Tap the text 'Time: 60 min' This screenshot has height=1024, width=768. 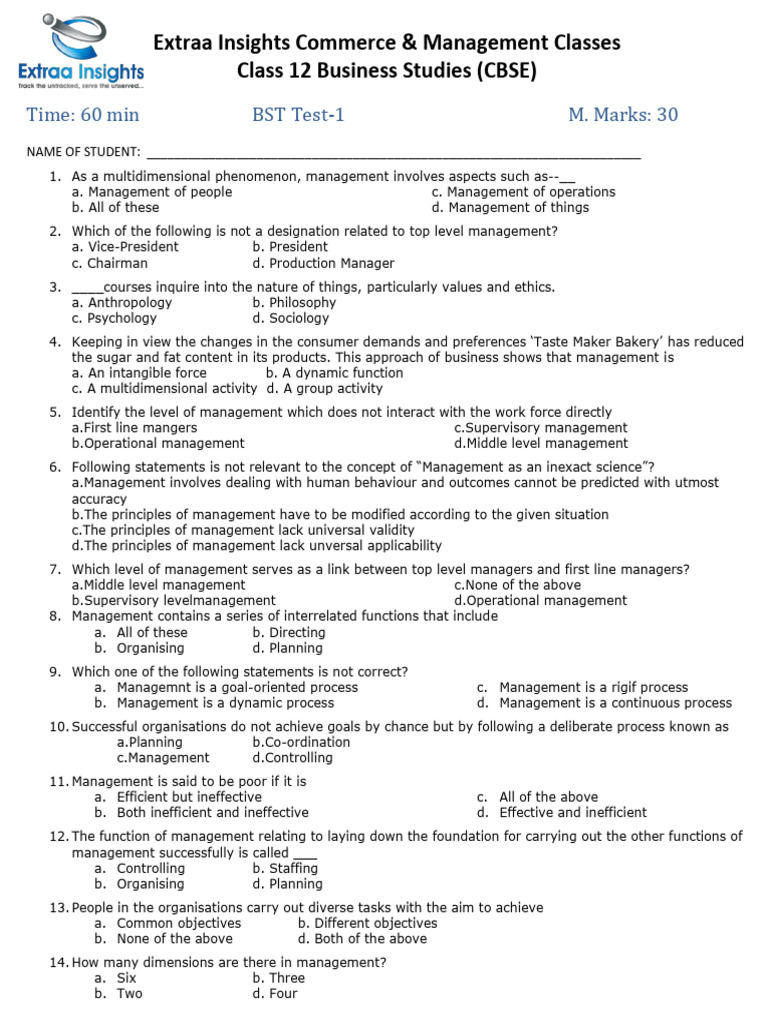83,115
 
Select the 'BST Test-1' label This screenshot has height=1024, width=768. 298,115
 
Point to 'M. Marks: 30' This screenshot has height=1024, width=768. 622,115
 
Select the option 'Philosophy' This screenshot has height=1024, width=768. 294,302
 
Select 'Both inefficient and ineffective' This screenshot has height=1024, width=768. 212,812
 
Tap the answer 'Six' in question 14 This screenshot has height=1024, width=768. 126,978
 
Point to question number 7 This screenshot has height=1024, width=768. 54,569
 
